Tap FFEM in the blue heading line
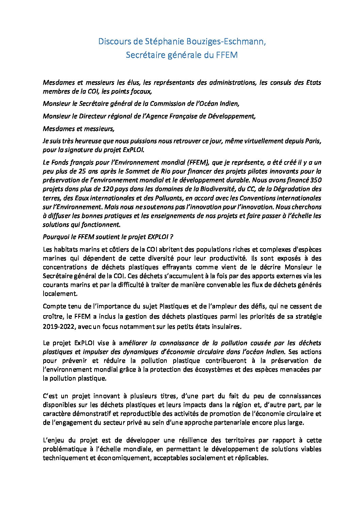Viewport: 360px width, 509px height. coord(226,55)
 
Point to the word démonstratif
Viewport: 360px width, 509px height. coord(91,414)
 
